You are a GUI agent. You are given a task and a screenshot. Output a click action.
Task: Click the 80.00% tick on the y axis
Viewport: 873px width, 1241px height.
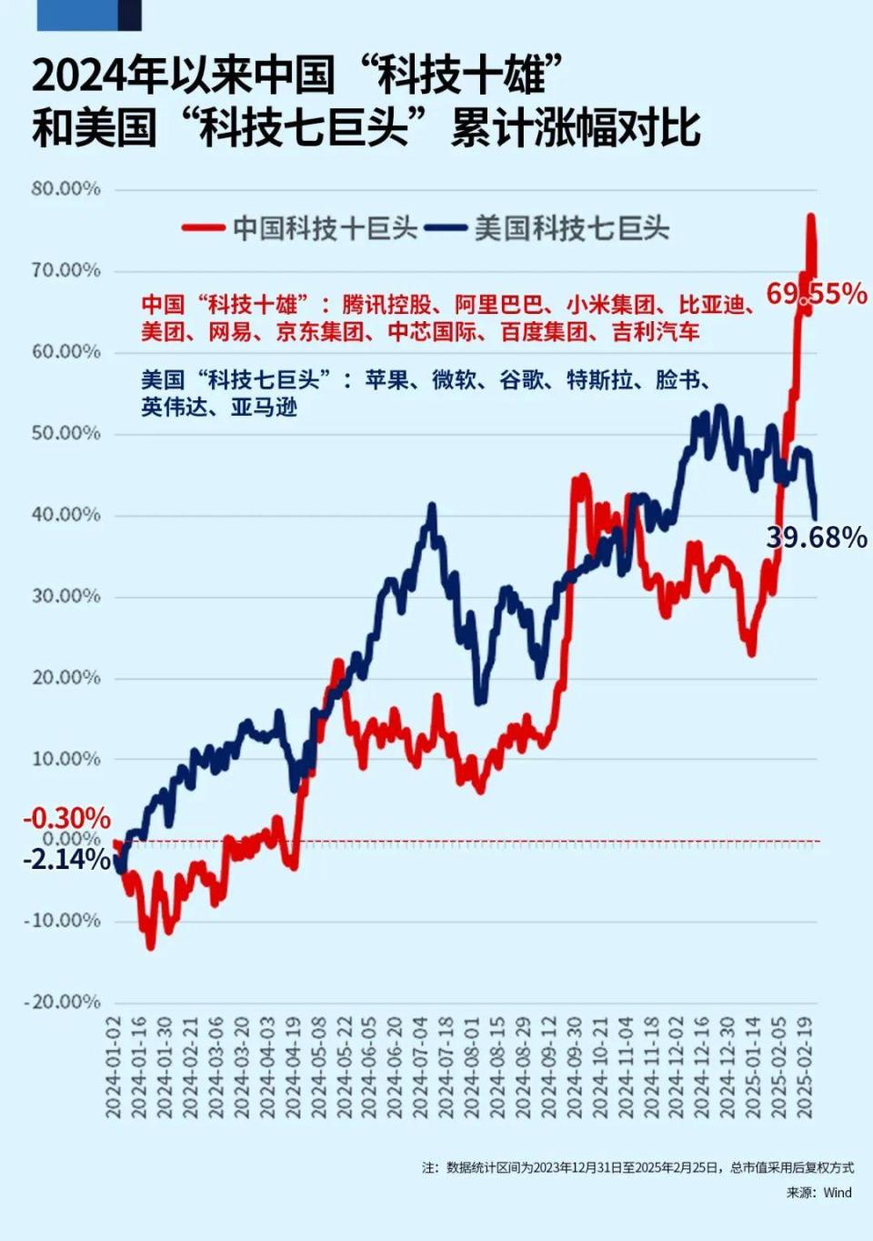click(x=65, y=189)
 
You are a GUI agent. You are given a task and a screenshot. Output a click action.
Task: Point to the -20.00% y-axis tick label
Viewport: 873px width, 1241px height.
click(x=63, y=1002)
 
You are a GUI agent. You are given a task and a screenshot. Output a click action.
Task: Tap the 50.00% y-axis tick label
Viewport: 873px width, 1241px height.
click(x=65, y=433)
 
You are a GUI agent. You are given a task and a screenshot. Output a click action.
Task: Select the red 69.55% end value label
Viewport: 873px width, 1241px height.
click(x=816, y=294)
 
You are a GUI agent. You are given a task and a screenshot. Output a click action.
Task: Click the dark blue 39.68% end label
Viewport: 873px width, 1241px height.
click(x=816, y=538)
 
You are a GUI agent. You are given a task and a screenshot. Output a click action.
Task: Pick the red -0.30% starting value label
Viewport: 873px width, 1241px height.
click(x=66, y=818)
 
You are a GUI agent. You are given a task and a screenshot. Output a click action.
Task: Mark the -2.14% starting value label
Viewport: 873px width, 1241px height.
click(x=66, y=859)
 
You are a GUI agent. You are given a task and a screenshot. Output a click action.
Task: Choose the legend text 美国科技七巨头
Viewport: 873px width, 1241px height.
click(x=572, y=228)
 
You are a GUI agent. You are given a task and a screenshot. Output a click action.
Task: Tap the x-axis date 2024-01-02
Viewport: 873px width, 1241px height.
click(x=114, y=1067)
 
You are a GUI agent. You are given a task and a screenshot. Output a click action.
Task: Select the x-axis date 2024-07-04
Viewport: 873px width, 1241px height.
click(x=420, y=1067)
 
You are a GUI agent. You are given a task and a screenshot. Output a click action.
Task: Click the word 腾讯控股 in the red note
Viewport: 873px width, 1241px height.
click(x=386, y=305)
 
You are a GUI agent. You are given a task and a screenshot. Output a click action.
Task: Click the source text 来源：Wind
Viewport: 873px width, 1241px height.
click(x=818, y=1192)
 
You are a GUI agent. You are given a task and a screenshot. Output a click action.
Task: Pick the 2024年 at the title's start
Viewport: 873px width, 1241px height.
click(x=91, y=75)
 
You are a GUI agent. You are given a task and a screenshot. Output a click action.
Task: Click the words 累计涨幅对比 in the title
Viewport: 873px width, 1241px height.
click(x=575, y=127)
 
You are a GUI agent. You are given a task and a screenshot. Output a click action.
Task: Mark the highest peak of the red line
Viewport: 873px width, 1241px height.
click(x=810, y=217)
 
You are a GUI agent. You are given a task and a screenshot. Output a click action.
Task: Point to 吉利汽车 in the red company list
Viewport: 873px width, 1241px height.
click(x=656, y=332)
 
